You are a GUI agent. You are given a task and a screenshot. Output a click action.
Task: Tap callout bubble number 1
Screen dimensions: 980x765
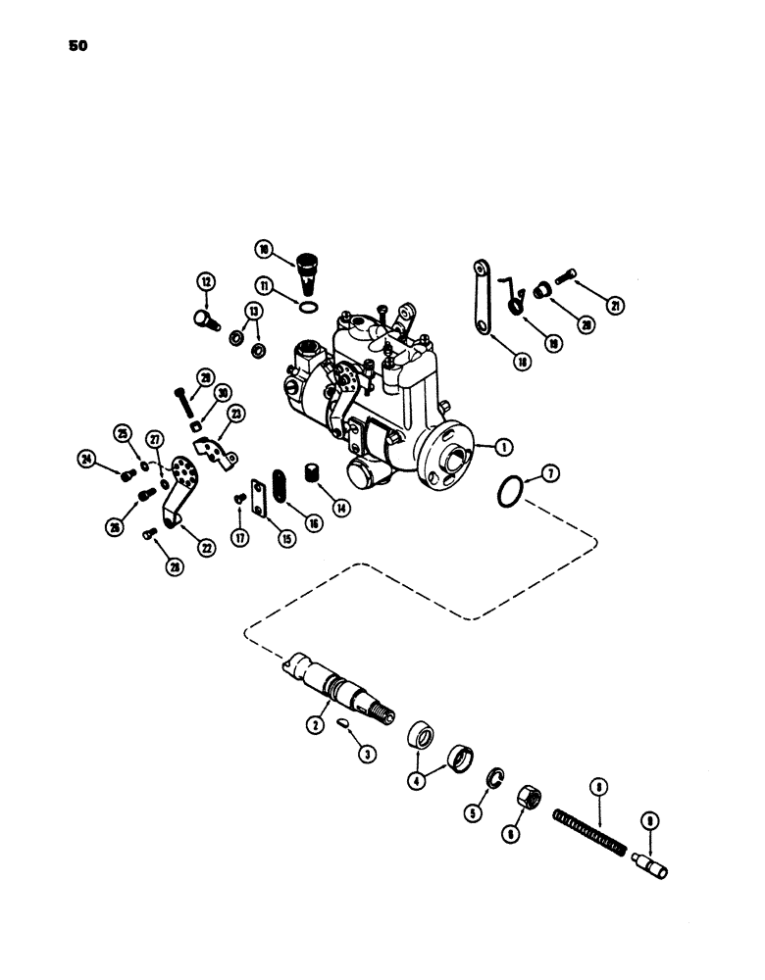[x=503, y=447]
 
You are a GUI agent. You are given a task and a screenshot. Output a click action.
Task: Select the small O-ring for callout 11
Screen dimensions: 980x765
[x=308, y=310]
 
